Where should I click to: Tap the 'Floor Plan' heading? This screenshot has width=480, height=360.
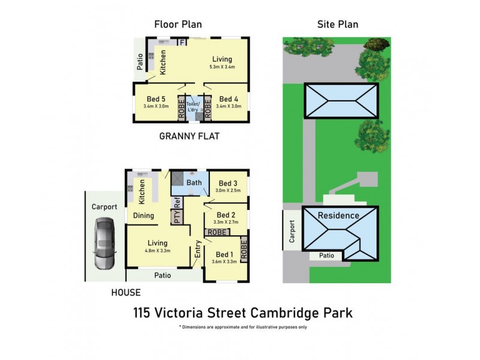coord(178,25)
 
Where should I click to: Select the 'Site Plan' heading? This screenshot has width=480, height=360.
coord(337,25)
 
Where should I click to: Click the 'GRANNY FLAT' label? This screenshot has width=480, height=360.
coord(189,136)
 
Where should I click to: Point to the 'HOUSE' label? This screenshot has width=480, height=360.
coord(126,293)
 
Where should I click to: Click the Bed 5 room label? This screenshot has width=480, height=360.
coord(155,99)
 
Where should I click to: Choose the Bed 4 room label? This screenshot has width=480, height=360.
coord(229,99)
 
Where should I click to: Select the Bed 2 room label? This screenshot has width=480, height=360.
coord(226,215)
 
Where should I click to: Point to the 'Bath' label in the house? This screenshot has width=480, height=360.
coord(194,182)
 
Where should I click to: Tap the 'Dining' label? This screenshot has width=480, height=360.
coord(144,215)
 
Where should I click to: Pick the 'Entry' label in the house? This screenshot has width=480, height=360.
coord(197,249)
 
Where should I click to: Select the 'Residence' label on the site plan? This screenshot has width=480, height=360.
coord(338,215)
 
